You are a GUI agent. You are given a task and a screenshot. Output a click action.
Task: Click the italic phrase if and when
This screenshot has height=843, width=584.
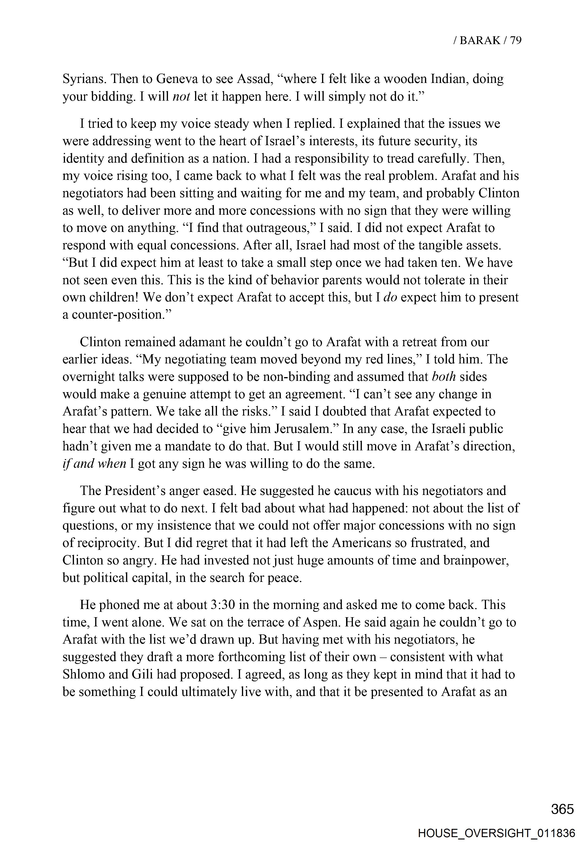coord(94,464)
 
